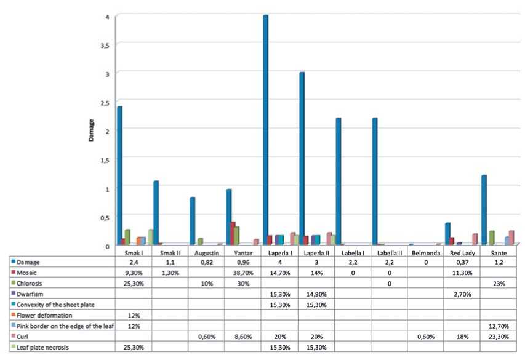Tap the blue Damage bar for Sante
pyautogui.click(x=484, y=210)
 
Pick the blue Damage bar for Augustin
pyautogui.click(x=193, y=221)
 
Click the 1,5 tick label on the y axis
pyautogui.click(x=106, y=159)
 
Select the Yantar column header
pyautogui.click(x=238, y=252)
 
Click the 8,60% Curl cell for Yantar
pyautogui.click(x=238, y=336)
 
